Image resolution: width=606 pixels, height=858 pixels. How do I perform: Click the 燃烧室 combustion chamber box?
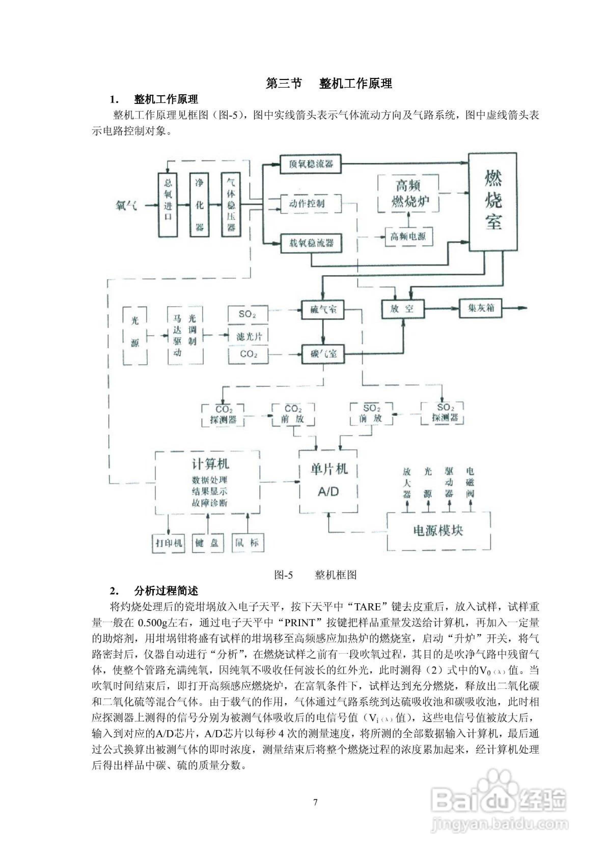493,202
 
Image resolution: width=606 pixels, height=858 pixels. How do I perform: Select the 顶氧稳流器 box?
310,164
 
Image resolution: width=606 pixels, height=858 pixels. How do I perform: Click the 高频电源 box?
408,237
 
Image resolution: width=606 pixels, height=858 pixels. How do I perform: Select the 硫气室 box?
323,310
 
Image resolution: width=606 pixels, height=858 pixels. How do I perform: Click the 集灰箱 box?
481,308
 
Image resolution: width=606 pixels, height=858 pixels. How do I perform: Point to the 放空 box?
402,309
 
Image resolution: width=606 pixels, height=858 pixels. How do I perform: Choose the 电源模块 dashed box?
438,531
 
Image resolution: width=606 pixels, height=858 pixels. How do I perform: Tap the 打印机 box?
169,543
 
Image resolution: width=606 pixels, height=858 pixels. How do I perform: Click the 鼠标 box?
247,543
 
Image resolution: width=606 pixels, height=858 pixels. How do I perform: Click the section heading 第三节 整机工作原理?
329,83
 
